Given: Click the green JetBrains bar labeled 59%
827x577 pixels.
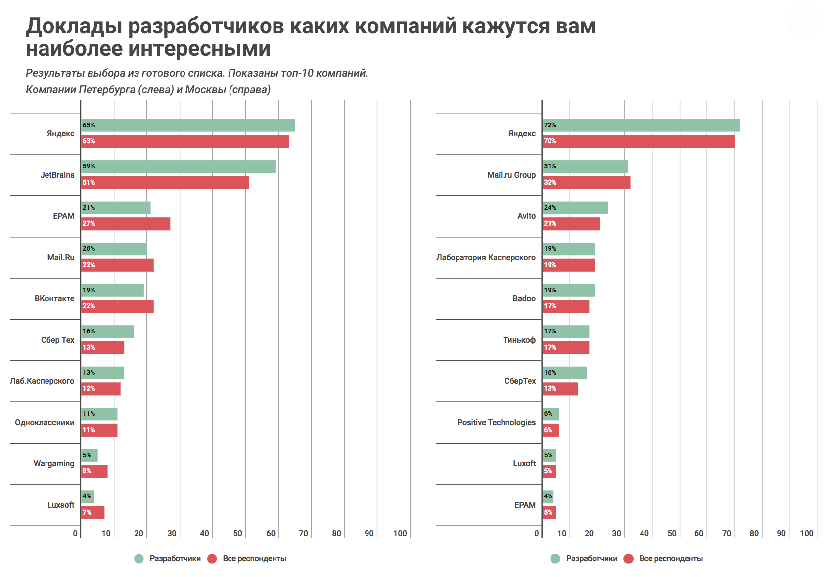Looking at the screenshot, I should (x=178, y=166).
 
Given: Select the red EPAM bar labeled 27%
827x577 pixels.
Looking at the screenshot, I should (x=126, y=224).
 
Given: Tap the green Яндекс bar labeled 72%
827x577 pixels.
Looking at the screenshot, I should (x=641, y=125).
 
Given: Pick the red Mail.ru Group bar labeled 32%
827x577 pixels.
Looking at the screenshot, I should (x=586, y=183).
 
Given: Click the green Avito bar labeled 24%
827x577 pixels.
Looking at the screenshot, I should (x=575, y=208).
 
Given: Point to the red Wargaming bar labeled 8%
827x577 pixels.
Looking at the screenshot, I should (x=94, y=471).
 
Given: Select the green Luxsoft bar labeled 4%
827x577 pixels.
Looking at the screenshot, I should (x=88, y=496).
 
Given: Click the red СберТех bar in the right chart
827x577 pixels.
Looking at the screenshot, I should (x=560, y=389).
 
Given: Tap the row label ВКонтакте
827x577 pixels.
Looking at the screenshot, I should (x=54, y=299).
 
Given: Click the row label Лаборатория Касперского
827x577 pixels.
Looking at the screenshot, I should (x=486, y=257).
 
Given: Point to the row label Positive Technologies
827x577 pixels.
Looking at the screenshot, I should (x=496, y=422).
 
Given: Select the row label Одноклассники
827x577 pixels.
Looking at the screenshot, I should (x=45, y=422).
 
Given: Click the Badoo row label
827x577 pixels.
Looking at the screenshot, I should (x=524, y=299).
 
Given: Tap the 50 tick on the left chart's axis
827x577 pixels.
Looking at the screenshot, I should (x=238, y=533).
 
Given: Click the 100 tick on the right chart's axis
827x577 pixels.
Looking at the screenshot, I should (x=806, y=533).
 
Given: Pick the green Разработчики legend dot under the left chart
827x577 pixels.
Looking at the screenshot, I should (x=139, y=559).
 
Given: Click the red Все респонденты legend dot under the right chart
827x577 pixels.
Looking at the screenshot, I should (x=629, y=559).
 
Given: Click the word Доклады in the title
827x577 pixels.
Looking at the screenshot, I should (x=74, y=26).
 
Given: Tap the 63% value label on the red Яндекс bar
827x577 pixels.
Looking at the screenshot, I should (x=89, y=141).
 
